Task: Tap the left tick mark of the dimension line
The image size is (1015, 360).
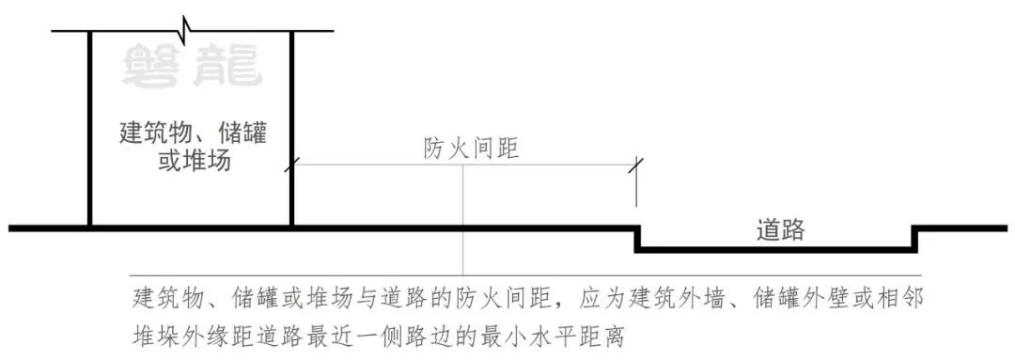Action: point(292,165)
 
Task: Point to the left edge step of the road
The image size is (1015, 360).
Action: point(637,239)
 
